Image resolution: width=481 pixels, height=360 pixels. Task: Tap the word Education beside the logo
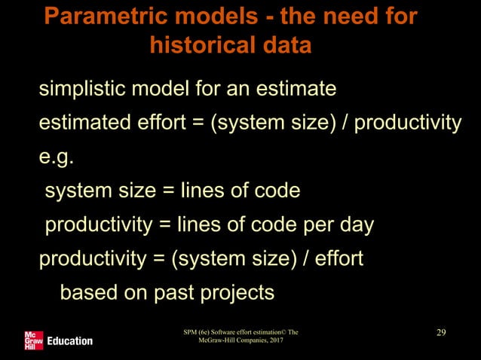click(70, 341)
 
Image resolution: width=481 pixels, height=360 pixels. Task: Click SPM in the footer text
click(191, 331)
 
